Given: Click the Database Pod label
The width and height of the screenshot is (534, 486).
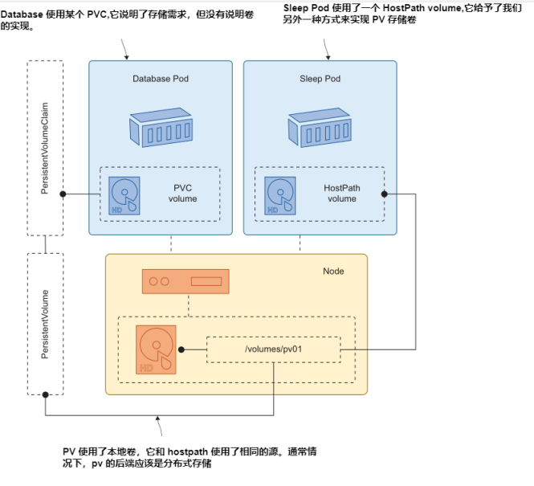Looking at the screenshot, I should [160, 79].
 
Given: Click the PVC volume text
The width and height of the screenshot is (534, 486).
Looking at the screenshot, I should [182, 194].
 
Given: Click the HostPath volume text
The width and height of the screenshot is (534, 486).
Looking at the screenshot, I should [342, 194].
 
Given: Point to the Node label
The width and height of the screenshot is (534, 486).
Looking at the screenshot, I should [333, 271].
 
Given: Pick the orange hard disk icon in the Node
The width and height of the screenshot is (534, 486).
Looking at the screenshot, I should [157, 350].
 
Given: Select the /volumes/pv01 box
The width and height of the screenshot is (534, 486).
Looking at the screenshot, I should [273, 349].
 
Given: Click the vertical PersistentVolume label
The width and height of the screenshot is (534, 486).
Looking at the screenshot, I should [45, 325].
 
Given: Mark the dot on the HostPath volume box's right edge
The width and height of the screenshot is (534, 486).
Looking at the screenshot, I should [385, 194].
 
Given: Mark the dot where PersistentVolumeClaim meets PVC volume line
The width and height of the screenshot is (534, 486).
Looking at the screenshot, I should [63, 194].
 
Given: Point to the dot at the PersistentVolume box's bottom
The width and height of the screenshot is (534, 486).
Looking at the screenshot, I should [46, 394].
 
